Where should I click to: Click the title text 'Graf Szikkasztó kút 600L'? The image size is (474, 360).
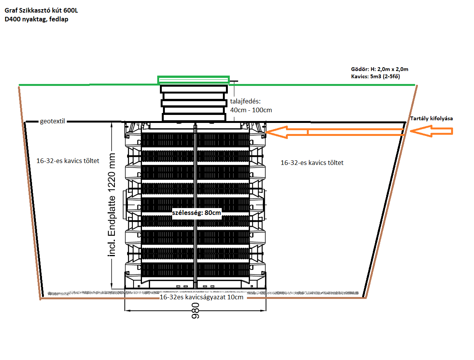[x=41, y=10]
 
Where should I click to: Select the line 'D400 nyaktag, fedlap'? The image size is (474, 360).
[x=36, y=19]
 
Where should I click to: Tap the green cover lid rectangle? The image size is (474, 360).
[x=193, y=80]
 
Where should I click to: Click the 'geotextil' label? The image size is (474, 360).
[x=52, y=121]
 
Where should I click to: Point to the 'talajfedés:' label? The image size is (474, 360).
[x=245, y=101]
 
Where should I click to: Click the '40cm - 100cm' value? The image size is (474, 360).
[x=251, y=110]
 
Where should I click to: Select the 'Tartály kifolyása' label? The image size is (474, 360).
[x=431, y=118]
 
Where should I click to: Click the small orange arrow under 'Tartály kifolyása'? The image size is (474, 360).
[x=431, y=131]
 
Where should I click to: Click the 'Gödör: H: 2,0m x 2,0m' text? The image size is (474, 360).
[x=379, y=69]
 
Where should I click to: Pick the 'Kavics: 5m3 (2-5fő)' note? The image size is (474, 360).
[x=375, y=76]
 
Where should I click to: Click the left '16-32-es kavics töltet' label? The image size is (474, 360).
[x=68, y=161]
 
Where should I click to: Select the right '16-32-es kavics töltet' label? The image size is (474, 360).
[x=312, y=163]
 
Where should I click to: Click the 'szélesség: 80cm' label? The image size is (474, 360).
[x=196, y=213]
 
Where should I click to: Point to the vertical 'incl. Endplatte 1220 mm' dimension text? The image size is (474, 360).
[x=112, y=205]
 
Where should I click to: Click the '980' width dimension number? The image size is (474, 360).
[x=195, y=310]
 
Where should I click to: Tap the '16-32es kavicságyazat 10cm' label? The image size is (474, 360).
[x=202, y=297]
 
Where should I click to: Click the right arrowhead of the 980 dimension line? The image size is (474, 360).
[x=263, y=311]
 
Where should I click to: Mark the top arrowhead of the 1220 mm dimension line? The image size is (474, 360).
[x=112, y=125]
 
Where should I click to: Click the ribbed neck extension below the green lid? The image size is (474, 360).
[x=194, y=103]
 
